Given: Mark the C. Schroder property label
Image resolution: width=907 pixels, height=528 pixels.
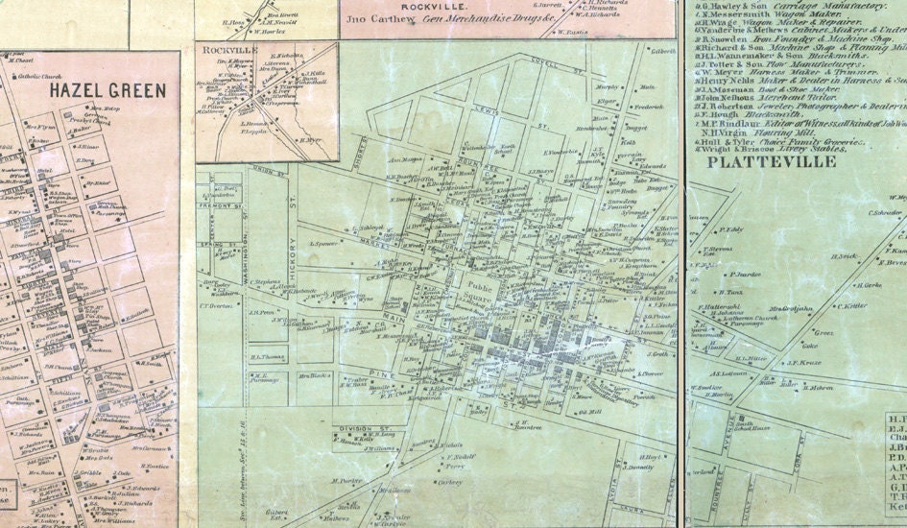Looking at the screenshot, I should pyautogui.click(x=885, y=212).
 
